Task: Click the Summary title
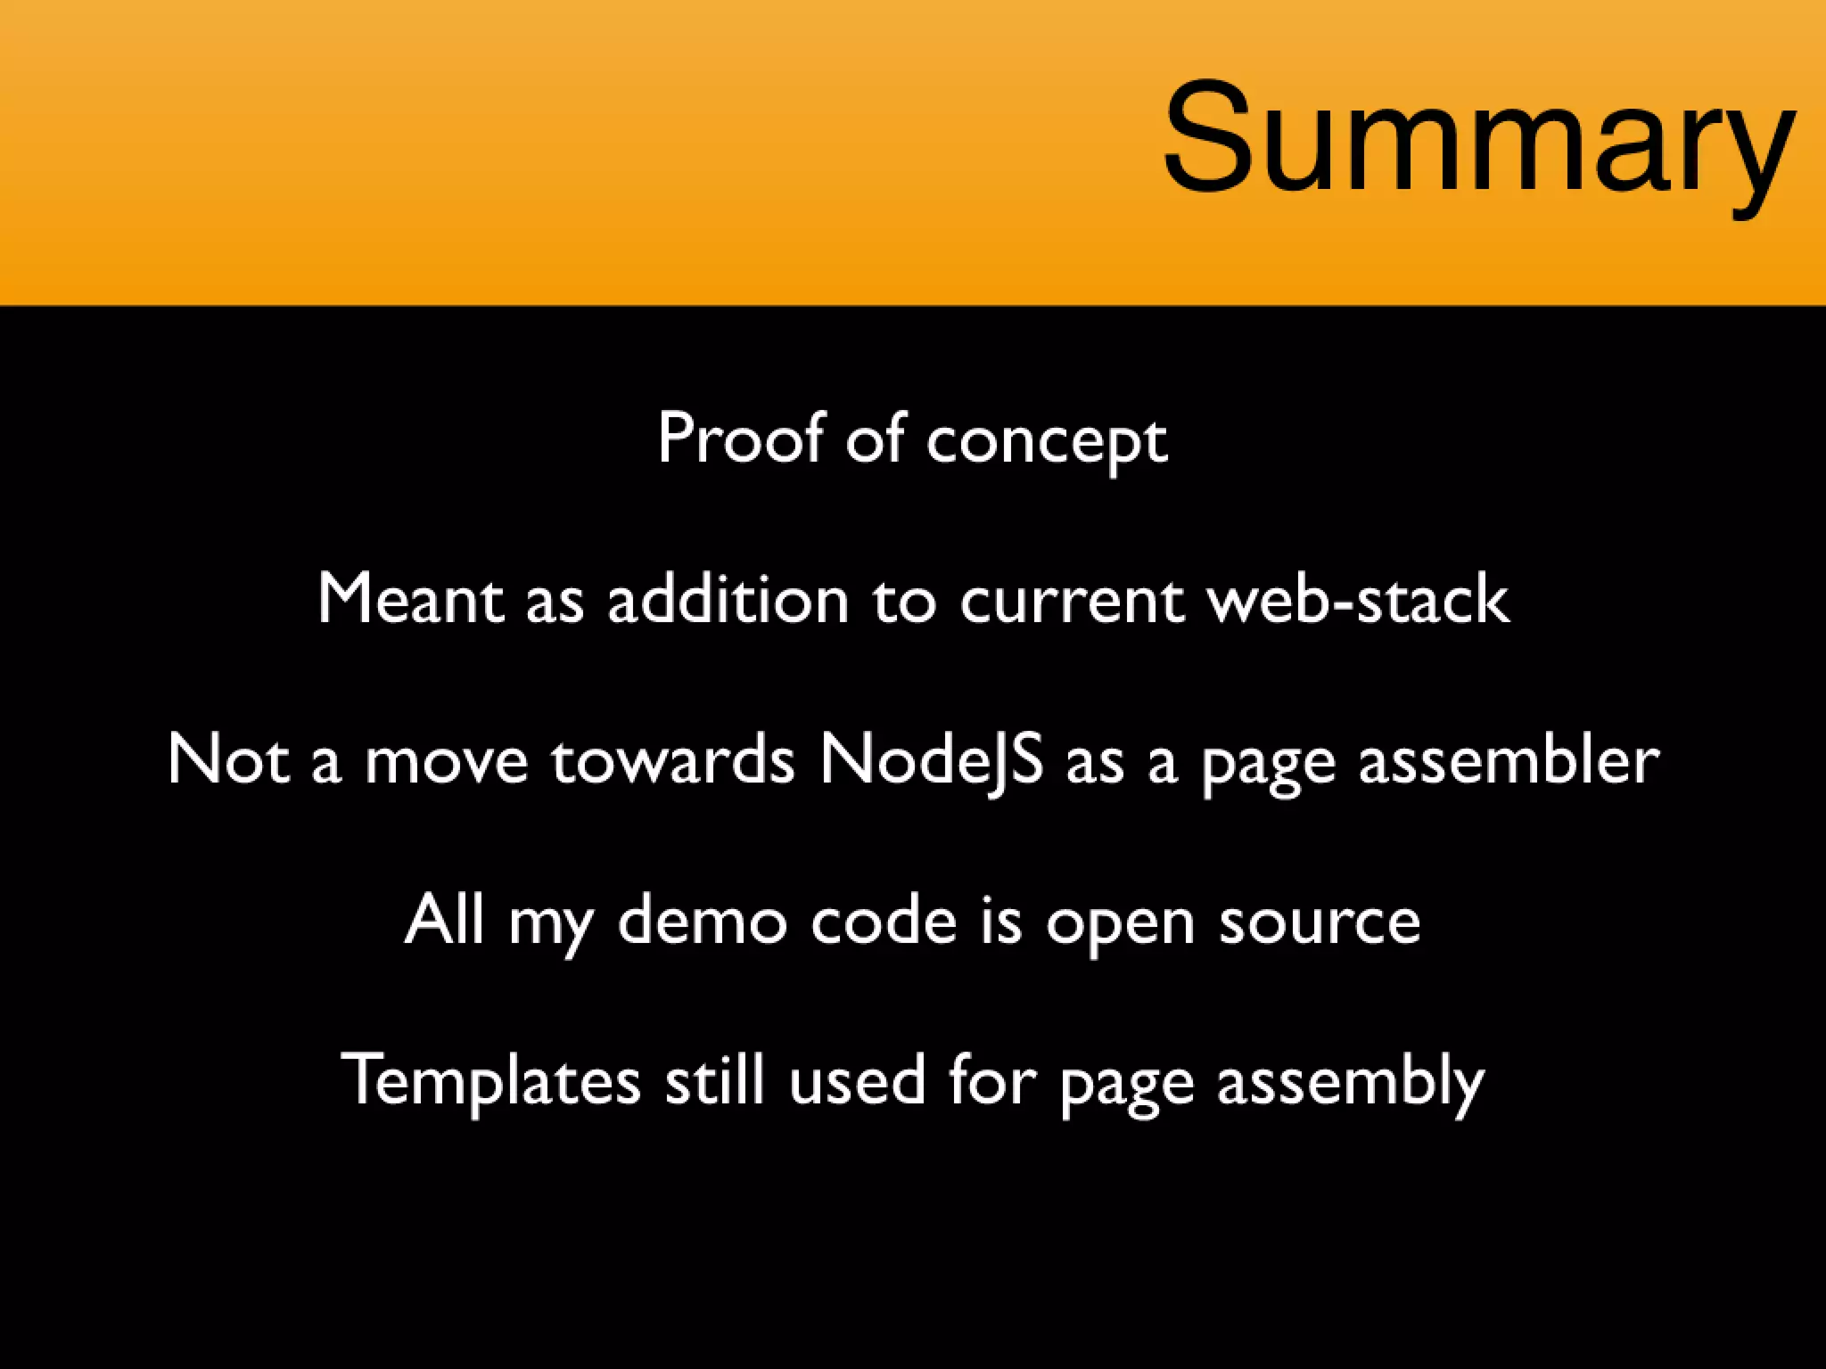pyautogui.click(x=1478, y=138)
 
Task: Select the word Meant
pyautogui.click(x=409, y=598)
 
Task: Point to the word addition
pyautogui.click(x=728, y=598)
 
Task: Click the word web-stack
pyautogui.click(x=1358, y=598)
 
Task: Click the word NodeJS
pyautogui.click(x=931, y=760)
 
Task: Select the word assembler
pyautogui.click(x=1508, y=760)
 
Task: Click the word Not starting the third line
pyautogui.click(x=228, y=760)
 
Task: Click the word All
pyautogui.click(x=444, y=920)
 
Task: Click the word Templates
pyautogui.click(x=490, y=1080)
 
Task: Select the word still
pyautogui.click(x=714, y=1080)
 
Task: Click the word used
pyautogui.click(x=856, y=1080)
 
